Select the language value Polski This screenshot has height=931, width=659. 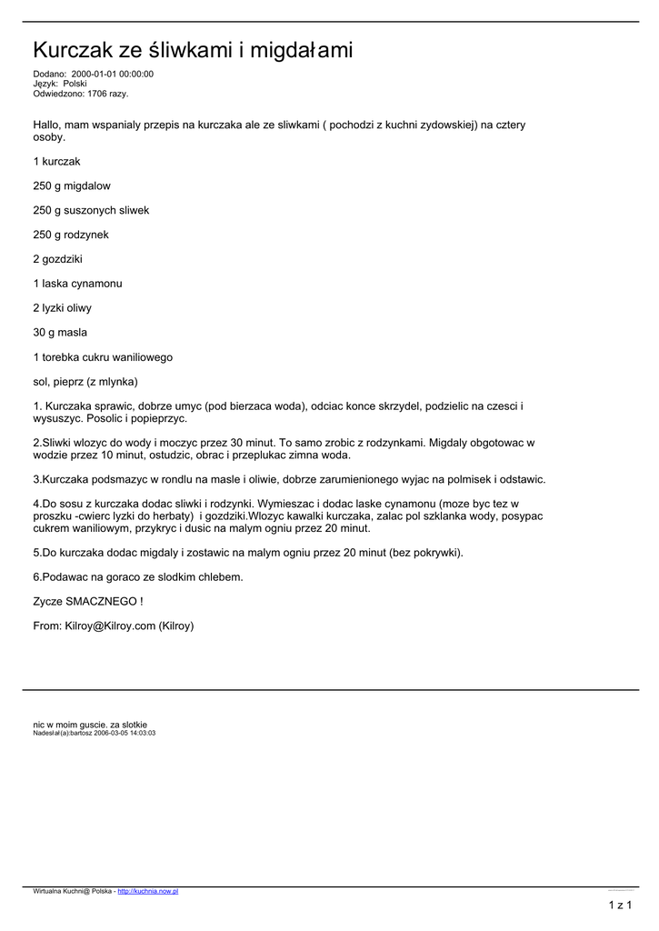pyautogui.click(x=75, y=84)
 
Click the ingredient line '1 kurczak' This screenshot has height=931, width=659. pyautogui.click(x=57, y=162)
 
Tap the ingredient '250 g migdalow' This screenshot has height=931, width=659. pyautogui.click(x=72, y=186)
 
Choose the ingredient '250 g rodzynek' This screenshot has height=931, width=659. pyautogui.click(x=71, y=235)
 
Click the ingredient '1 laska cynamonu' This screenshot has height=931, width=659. pyautogui.click(x=77, y=284)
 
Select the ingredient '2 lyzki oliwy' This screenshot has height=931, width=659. pyautogui.click(x=63, y=308)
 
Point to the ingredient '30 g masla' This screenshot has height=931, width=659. pyautogui.click(x=60, y=333)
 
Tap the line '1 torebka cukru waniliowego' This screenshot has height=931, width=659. pyautogui.click(x=103, y=357)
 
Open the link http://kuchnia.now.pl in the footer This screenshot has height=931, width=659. pyautogui.click(x=148, y=891)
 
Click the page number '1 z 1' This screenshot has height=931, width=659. pyautogui.click(x=620, y=905)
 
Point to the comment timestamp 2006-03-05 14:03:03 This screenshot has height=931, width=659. pyautogui.click(x=125, y=732)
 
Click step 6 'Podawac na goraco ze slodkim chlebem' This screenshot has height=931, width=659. pyautogui.click(x=138, y=577)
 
